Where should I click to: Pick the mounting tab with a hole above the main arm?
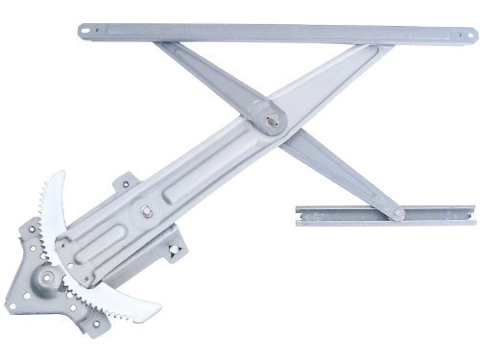click(125, 182)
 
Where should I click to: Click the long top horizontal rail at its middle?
click(278, 36)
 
